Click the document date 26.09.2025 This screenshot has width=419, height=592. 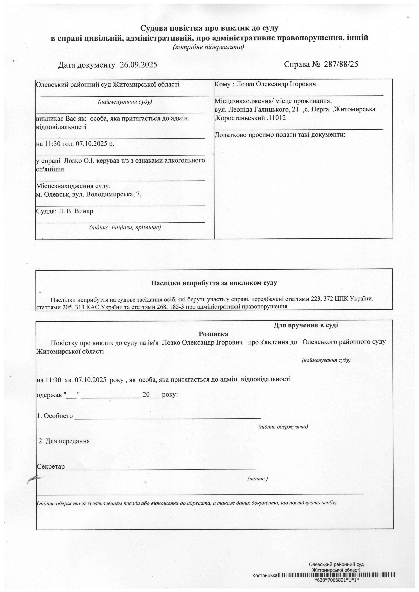point(138,65)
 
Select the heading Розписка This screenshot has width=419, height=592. point(213,334)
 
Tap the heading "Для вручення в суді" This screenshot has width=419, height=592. point(306,325)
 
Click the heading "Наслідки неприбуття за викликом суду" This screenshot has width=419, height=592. point(214,283)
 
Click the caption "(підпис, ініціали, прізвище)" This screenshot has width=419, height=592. point(125,227)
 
